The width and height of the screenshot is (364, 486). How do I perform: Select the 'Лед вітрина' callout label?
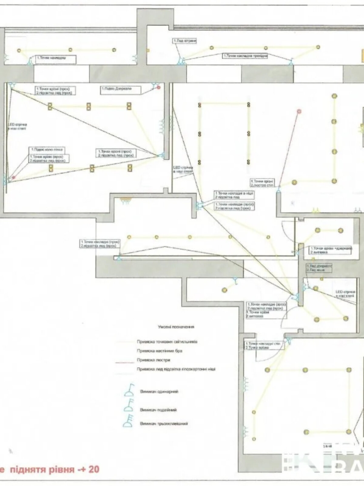click(x=185, y=41)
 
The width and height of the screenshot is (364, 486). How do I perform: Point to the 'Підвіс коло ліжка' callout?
click(x=47, y=150)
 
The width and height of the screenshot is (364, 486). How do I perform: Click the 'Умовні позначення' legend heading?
click(x=176, y=327)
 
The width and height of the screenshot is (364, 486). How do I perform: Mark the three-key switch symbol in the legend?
click(x=128, y=423)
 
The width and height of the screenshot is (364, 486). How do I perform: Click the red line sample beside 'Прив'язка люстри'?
click(x=124, y=362)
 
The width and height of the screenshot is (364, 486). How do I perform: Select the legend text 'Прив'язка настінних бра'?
click(x=159, y=351)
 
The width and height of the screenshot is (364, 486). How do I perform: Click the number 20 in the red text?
click(x=94, y=469)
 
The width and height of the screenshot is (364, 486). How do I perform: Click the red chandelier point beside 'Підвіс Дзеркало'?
click(x=158, y=88)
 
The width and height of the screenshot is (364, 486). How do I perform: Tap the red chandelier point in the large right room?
click(x=299, y=111)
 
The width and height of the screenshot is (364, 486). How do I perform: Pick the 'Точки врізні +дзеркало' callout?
click(x=330, y=250)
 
